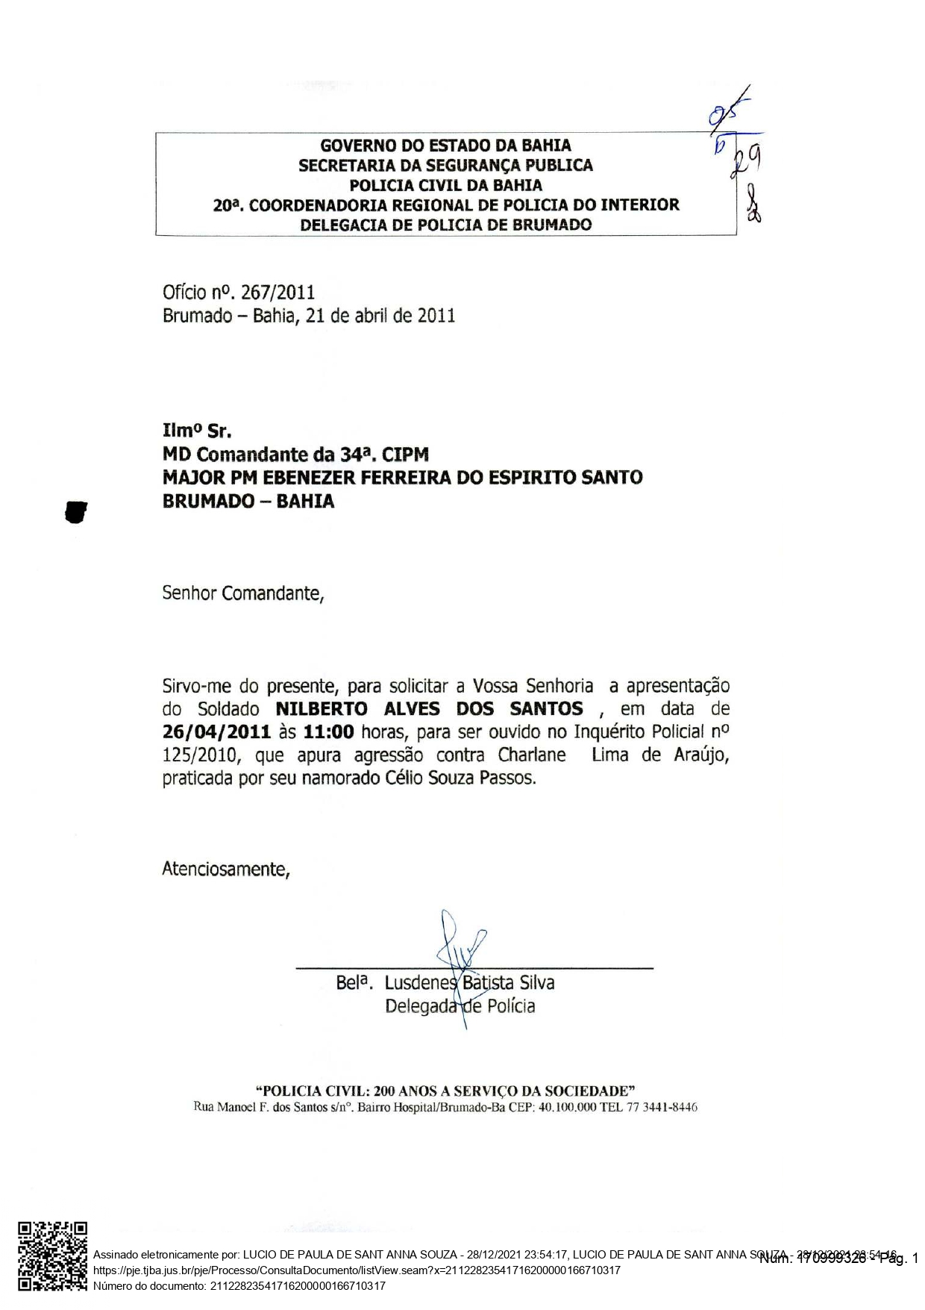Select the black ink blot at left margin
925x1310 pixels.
[76, 512]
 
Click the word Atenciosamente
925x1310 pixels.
[225, 870]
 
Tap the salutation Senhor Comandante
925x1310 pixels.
[242, 594]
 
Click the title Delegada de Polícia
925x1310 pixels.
[460, 1006]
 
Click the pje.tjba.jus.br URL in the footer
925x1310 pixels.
[357, 1270]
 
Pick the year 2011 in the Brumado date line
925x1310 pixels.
[436, 315]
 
